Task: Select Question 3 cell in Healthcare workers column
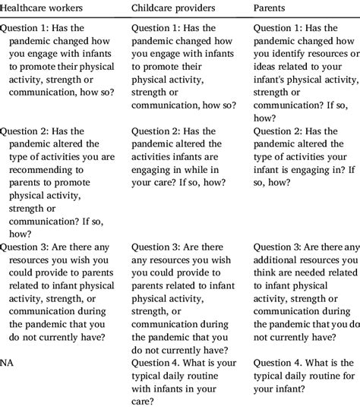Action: pos(61,295)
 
